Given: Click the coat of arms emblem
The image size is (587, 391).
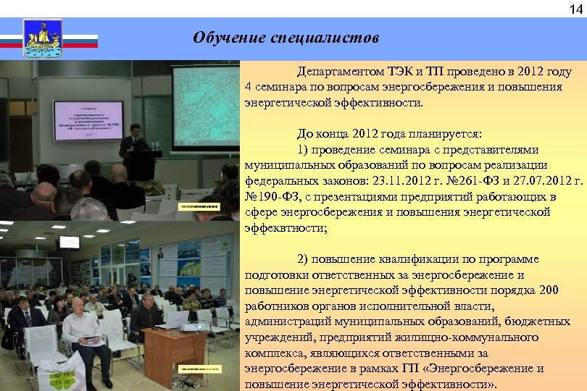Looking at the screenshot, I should [x=43, y=38].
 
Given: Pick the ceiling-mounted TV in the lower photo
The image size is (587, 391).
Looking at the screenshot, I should [x=69, y=242].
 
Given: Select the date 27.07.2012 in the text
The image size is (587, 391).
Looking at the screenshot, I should [x=533, y=181].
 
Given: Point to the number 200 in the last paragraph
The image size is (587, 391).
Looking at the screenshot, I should [x=549, y=290].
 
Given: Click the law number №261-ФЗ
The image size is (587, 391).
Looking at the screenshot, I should [x=465, y=181].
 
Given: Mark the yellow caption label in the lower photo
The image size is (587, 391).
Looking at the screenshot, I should [x=198, y=368].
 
